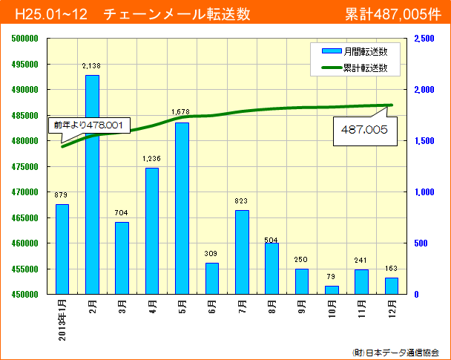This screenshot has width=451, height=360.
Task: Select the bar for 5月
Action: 182,208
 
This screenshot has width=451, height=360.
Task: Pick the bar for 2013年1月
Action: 62,249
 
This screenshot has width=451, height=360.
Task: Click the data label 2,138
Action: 92,66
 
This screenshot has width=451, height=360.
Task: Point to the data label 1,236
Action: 151,159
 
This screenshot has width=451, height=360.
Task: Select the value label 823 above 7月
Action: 241,201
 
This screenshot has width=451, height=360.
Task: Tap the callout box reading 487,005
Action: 365,129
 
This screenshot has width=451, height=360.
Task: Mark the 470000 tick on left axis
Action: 25,192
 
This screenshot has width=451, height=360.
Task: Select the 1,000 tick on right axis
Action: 424,192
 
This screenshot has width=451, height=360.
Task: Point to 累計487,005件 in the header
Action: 393,14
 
